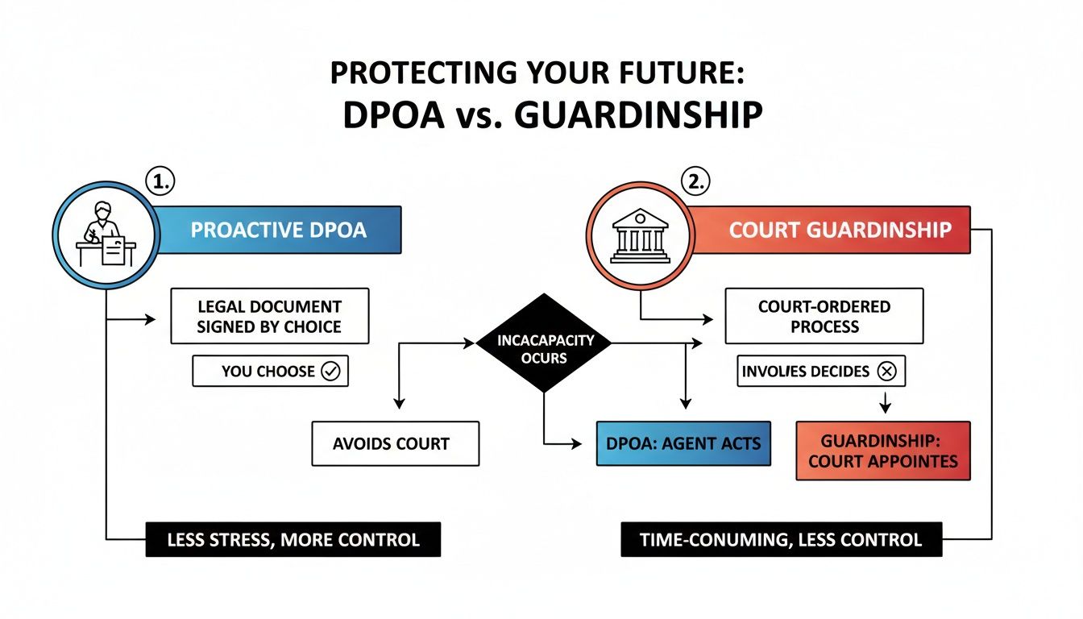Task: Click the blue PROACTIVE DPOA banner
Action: pos(278,230)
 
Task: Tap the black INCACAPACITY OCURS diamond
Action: pos(546,343)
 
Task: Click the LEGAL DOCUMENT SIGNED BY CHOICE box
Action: pos(269,317)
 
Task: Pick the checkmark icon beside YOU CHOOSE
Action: pos(331,372)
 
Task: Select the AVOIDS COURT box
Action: pos(395,443)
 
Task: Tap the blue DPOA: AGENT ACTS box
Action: pos(683,443)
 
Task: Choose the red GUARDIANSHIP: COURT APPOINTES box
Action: pos(883,451)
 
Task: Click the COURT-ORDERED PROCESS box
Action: pos(824,317)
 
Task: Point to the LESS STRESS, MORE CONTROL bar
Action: pos(293,540)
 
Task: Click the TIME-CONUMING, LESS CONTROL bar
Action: pos(781,540)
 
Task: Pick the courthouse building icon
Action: pos(640,235)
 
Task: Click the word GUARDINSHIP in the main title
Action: pos(637,115)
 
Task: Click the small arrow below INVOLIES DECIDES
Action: pos(885,401)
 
